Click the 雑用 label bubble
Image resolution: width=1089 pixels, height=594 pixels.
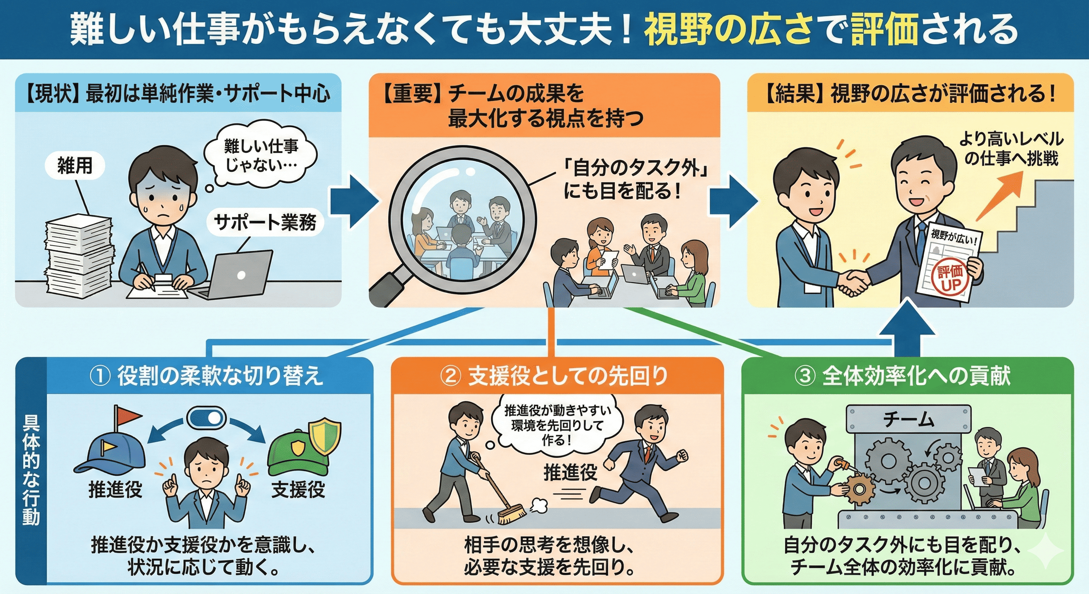(75, 165)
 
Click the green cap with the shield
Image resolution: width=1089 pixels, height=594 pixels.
(304, 446)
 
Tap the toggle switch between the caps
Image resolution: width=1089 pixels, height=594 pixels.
(206, 418)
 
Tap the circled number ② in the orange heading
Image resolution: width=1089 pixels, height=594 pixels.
(451, 376)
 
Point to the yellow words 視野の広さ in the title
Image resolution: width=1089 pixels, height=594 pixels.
(727, 30)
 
